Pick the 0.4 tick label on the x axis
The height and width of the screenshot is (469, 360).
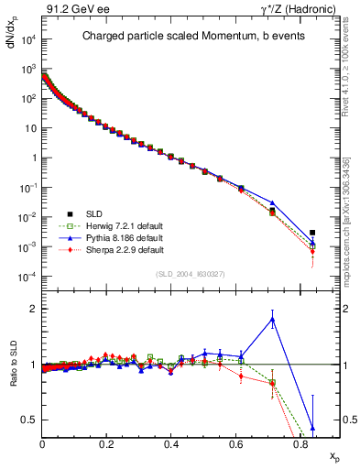click(171, 444)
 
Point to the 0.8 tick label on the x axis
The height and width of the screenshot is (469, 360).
click(300, 444)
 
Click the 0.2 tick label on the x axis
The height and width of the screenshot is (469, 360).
click(107, 444)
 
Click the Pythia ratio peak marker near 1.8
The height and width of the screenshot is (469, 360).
click(273, 319)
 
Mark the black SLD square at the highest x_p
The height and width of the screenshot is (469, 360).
click(313, 233)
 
